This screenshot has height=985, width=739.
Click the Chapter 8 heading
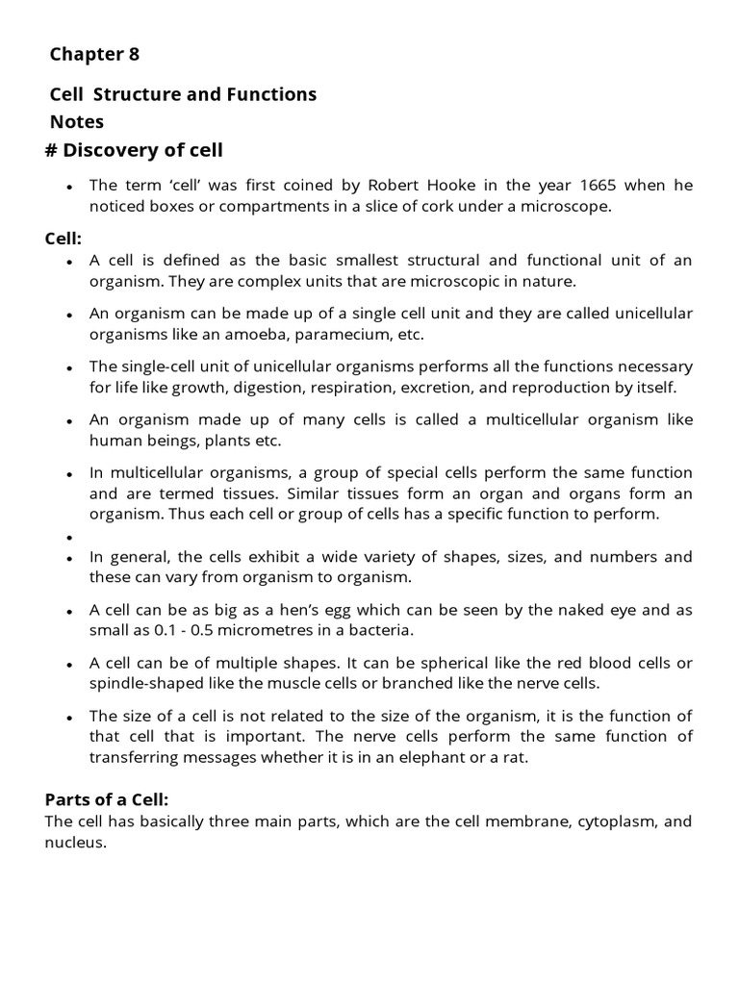coord(94,55)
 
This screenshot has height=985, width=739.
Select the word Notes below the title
coord(77,122)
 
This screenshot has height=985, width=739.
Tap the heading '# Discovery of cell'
coord(134,150)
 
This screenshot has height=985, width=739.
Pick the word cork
coord(435,206)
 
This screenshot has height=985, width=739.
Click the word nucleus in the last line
coord(75,843)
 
